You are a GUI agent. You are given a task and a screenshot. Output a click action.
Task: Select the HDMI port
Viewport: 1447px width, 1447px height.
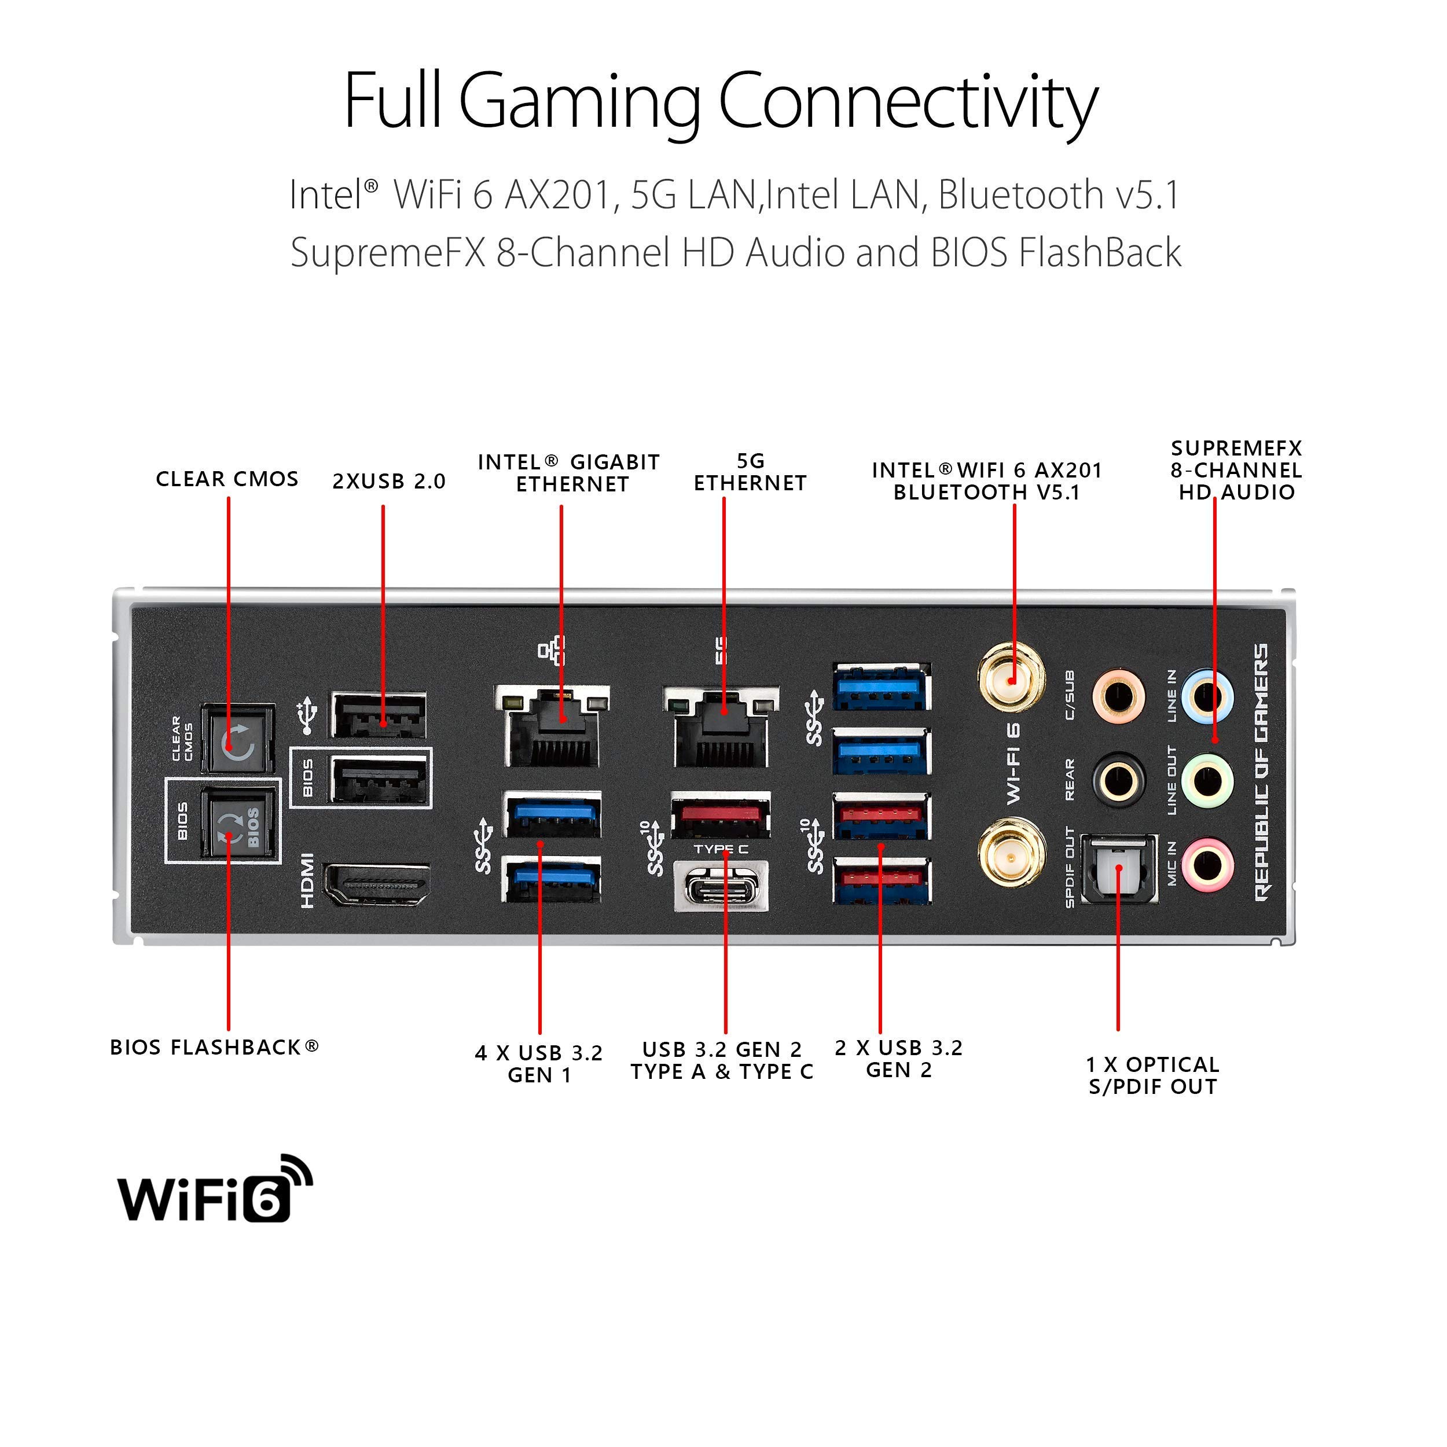(x=377, y=884)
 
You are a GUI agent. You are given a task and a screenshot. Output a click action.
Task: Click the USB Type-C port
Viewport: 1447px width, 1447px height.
(x=721, y=887)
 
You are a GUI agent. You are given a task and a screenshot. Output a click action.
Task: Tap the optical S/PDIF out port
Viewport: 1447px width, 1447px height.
(x=1119, y=869)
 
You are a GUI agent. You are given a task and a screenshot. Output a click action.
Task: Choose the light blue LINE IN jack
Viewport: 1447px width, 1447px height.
(x=1207, y=696)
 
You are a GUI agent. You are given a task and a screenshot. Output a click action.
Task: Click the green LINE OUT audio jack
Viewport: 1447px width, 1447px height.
(x=1207, y=781)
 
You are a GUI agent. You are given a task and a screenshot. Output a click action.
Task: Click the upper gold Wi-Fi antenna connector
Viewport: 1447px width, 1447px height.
(x=1011, y=680)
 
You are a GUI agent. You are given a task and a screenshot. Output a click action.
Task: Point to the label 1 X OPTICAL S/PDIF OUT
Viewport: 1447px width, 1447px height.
(x=1152, y=1076)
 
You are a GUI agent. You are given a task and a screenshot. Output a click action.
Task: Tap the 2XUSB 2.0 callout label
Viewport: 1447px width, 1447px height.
(x=389, y=482)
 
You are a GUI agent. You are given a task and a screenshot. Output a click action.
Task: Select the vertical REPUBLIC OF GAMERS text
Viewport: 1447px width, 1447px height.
(x=1262, y=772)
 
